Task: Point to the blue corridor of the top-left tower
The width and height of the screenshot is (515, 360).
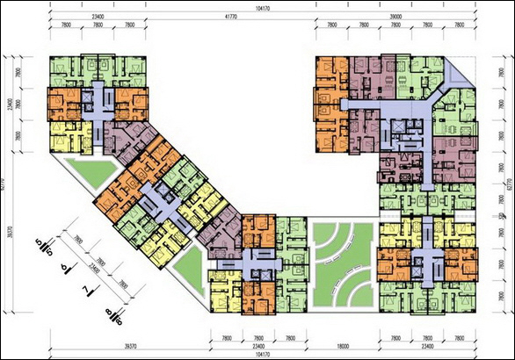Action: tap(95, 101)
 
